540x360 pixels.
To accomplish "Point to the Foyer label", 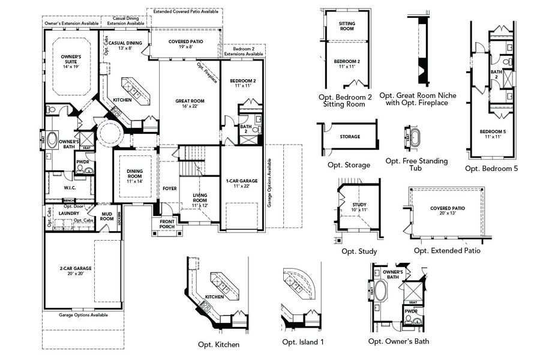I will click(x=170, y=188).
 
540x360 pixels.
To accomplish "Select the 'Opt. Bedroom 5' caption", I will click(x=491, y=169).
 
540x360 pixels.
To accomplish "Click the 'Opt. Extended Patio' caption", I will click(x=447, y=251).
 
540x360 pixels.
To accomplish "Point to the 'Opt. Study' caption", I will click(x=359, y=251).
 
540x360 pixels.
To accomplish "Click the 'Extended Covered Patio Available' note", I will click(x=185, y=11).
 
